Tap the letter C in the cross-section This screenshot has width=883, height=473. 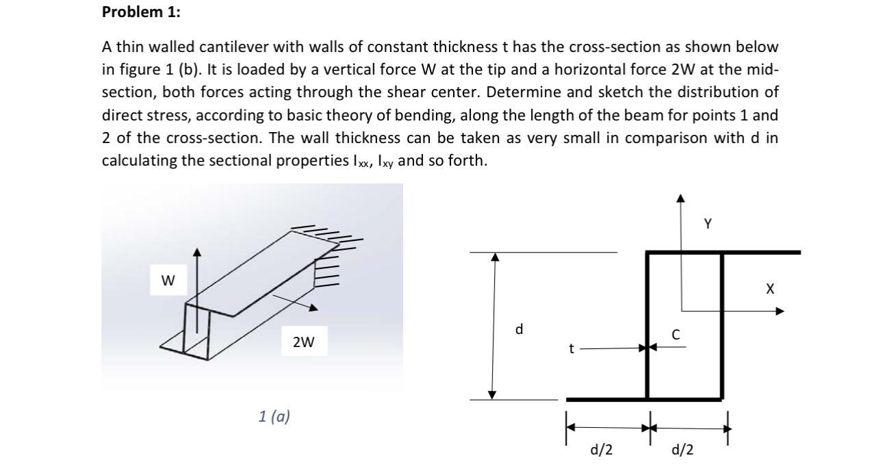click(x=676, y=335)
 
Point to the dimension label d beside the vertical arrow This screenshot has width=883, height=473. click(x=520, y=329)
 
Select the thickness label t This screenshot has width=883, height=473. click(x=571, y=348)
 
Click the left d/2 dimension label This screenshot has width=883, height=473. click(x=602, y=450)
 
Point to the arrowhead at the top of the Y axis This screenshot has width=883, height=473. click(x=680, y=199)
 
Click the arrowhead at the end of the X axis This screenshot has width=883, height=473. click(x=780, y=311)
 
